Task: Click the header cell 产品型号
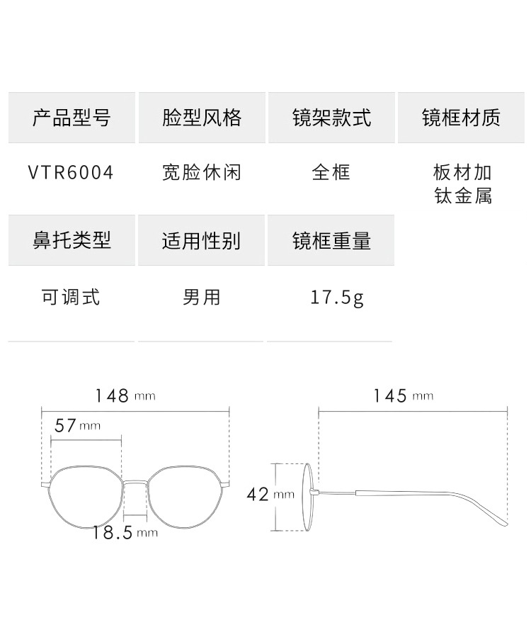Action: coord(72,118)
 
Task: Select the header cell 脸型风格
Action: coord(202,118)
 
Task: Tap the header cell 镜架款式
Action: coord(331,118)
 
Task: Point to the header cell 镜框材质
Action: coord(462,118)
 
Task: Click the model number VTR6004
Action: coord(71,173)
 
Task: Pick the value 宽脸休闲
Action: coord(202,173)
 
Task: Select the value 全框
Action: coord(331,173)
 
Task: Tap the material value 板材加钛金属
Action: coord(462,184)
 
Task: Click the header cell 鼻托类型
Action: coord(72,240)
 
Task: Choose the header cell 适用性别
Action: coord(202,240)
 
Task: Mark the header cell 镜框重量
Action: coord(331,240)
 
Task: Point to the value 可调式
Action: coord(71,296)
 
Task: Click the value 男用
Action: coord(202,296)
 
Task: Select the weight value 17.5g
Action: coord(337,297)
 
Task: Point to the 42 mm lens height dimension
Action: coord(270,494)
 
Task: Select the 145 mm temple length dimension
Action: coord(402,395)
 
